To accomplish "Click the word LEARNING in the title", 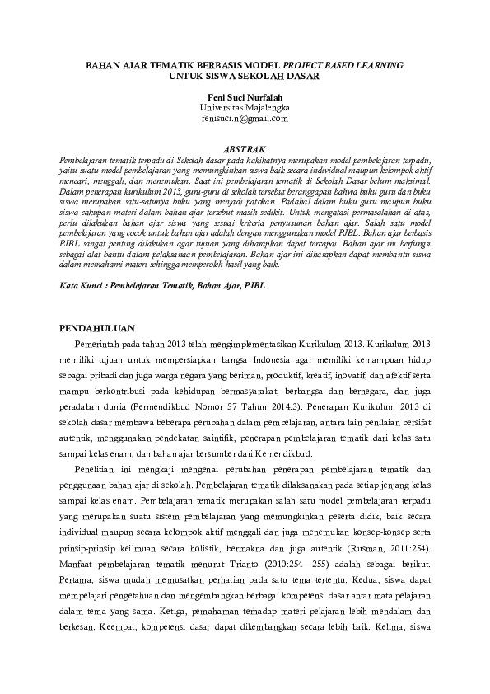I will click(x=376, y=63).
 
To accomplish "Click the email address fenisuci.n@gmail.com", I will click(x=245, y=118).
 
